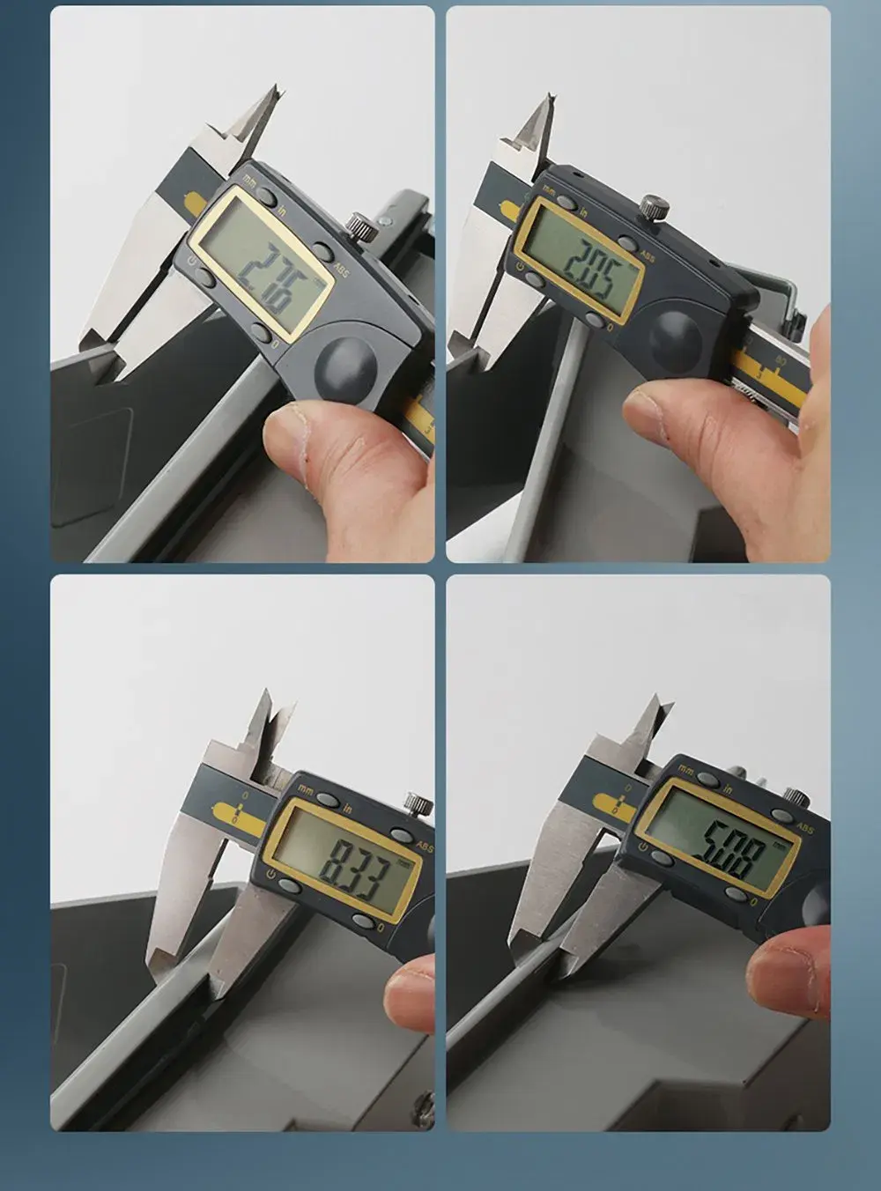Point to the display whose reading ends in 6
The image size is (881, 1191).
[x=263, y=267]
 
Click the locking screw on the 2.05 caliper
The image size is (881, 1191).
[x=653, y=209]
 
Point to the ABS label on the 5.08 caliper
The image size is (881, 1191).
[x=804, y=828]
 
